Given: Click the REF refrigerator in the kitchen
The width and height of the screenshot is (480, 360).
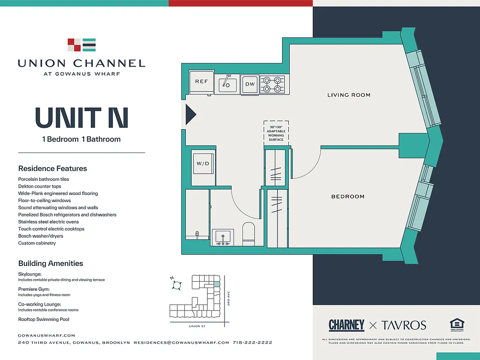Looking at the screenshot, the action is pos(201,82).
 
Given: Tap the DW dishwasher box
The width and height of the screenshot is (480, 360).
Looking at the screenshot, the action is pos(249,84).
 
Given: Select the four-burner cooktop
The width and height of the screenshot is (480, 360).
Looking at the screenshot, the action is pos(272,84).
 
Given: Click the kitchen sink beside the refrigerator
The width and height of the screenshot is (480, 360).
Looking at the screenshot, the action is pos(228,84).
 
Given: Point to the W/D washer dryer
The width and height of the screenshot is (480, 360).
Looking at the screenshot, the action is pos(203,163).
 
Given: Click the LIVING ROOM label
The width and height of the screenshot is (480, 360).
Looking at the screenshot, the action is pos(349,95).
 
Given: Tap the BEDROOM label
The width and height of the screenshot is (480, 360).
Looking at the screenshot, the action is pos(348,197).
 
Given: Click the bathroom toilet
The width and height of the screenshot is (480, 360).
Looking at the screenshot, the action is pos(249,233).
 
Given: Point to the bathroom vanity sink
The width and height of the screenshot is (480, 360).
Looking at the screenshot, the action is pos(223,237).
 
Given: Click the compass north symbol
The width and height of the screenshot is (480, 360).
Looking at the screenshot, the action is pos(177,285).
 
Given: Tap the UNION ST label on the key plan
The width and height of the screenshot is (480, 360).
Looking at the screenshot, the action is pos(197,326).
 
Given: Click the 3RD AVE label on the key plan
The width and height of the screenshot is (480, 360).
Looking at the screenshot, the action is pos(229,299).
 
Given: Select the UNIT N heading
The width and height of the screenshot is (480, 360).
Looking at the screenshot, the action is pos(81,117).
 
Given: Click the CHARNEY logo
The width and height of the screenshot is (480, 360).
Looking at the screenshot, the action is pos(346,325).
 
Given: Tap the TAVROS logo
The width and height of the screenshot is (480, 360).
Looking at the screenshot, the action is pos(404,325).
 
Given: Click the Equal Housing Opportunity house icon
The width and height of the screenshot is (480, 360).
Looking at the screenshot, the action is pos(457,324).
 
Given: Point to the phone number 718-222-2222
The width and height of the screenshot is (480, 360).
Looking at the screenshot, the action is pos(252,342).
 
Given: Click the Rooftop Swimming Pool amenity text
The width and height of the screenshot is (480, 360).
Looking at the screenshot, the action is pos(44,319).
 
